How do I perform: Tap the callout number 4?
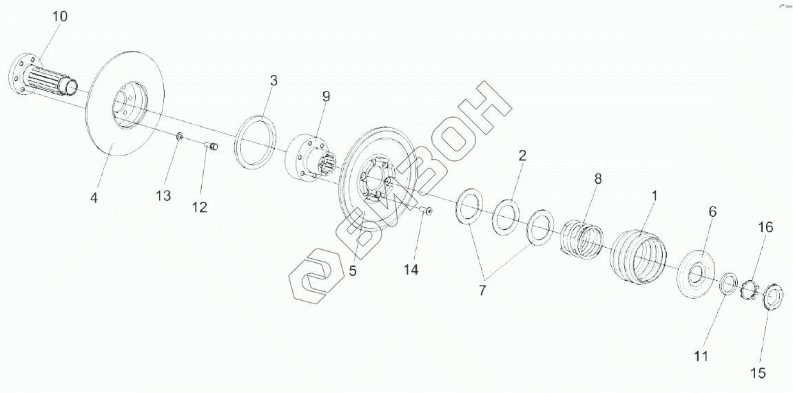pyautogui.click(x=94, y=198)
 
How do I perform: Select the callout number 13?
pyautogui.click(x=163, y=196)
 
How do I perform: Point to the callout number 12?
pyautogui.click(x=199, y=206)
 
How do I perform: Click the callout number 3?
pyautogui.click(x=274, y=81)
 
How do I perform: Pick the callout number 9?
pyautogui.click(x=326, y=96)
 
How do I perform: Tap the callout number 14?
pyautogui.click(x=411, y=270)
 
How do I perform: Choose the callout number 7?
pyautogui.click(x=482, y=290)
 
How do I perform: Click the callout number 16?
pyautogui.click(x=765, y=226)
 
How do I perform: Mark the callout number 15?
pyautogui.click(x=758, y=373)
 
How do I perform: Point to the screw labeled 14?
pyautogui.click(x=427, y=211)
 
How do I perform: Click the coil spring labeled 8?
pyautogui.click(x=581, y=238)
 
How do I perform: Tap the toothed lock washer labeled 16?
pyautogui.click(x=749, y=289)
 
